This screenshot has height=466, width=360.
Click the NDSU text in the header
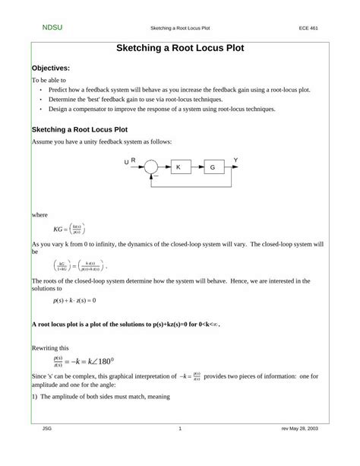pos(52,27)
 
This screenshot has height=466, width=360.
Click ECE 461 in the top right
pos(309,28)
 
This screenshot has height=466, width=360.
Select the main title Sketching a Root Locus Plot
pos(180,48)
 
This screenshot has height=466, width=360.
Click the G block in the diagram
pos(213,166)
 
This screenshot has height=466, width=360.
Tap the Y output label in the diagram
pos(235,160)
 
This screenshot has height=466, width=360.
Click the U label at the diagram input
pos(126,163)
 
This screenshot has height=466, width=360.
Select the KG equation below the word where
pos(69,228)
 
